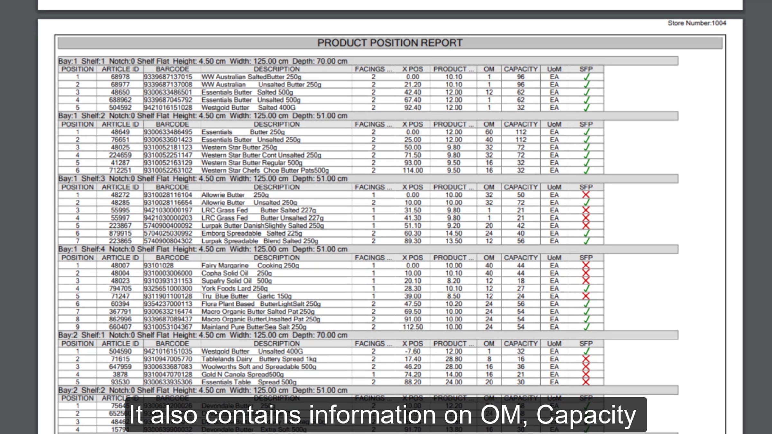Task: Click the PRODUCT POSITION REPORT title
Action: pyautogui.click(x=390, y=43)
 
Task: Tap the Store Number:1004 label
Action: pyautogui.click(x=697, y=23)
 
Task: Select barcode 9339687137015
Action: pyautogui.click(x=168, y=77)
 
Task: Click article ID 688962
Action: pyautogui.click(x=120, y=100)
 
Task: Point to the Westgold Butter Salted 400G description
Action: pyautogui.click(x=248, y=108)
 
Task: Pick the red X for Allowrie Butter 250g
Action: pyautogui.click(x=586, y=195)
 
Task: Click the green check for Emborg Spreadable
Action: pyautogui.click(x=586, y=233)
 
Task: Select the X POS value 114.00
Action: pyautogui.click(x=413, y=170)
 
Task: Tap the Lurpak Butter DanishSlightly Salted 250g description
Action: pyautogui.click(x=262, y=226)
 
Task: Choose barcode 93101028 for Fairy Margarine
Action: pyautogui.click(x=159, y=266)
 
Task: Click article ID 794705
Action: pyautogui.click(x=120, y=289)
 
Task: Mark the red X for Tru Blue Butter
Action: pyautogui.click(x=586, y=296)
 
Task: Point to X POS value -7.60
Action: pyautogui.click(x=413, y=351)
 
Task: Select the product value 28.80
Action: pyautogui.click(x=454, y=359)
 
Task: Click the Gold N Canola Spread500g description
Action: pyautogui.click(x=242, y=375)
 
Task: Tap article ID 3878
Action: pyautogui.click(x=120, y=375)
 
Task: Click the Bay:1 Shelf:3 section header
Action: pyautogui.click(x=203, y=179)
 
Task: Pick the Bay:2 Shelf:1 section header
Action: pyautogui.click(x=203, y=335)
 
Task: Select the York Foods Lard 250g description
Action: pyautogui.click(x=234, y=289)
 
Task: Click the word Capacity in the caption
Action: pyautogui.click(x=586, y=415)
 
